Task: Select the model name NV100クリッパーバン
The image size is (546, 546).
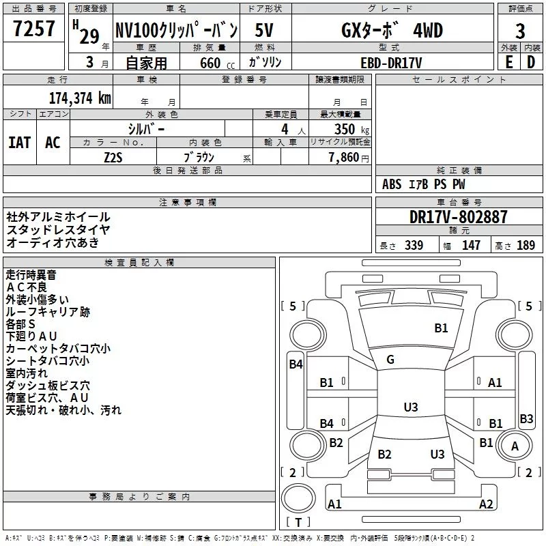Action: [x=176, y=30]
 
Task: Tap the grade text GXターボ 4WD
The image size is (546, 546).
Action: [x=392, y=30]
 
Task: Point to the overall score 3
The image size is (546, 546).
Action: [x=520, y=31]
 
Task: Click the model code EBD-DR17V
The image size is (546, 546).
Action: [x=392, y=62]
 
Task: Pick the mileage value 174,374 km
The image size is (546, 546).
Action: [x=80, y=97]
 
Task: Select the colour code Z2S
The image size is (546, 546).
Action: [x=113, y=156]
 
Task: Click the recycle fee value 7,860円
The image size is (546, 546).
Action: [x=348, y=157]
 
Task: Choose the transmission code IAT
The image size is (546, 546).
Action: [x=19, y=142]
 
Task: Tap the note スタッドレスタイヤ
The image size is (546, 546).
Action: [x=58, y=229]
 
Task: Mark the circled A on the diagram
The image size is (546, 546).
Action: [x=515, y=446]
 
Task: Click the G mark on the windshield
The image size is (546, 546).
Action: [x=390, y=360]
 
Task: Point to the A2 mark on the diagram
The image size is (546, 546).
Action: [x=487, y=504]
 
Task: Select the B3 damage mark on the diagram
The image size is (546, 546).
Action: [x=526, y=418]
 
